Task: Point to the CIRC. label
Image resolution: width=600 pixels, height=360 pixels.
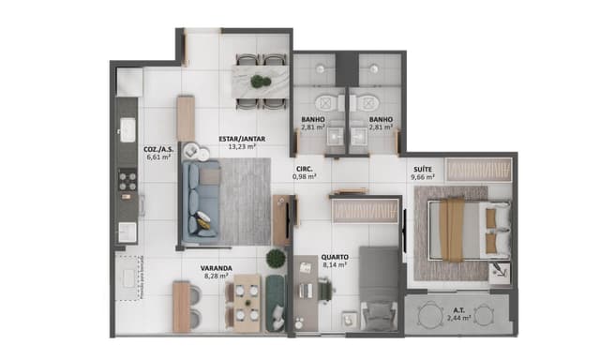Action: (304, 166)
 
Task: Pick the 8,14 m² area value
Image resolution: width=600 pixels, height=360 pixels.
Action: (335, 265)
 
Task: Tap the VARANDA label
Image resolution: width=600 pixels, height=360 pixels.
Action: (217, 268)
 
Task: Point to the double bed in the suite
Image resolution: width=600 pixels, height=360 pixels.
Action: (461, 231)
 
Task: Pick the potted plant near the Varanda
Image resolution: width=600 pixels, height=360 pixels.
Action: (276, 258)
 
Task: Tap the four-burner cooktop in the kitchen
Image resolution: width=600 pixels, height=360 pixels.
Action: (127, 179)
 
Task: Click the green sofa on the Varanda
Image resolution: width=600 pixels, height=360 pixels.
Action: (276, 301)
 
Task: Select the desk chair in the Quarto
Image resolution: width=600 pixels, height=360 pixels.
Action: (323, 292)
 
